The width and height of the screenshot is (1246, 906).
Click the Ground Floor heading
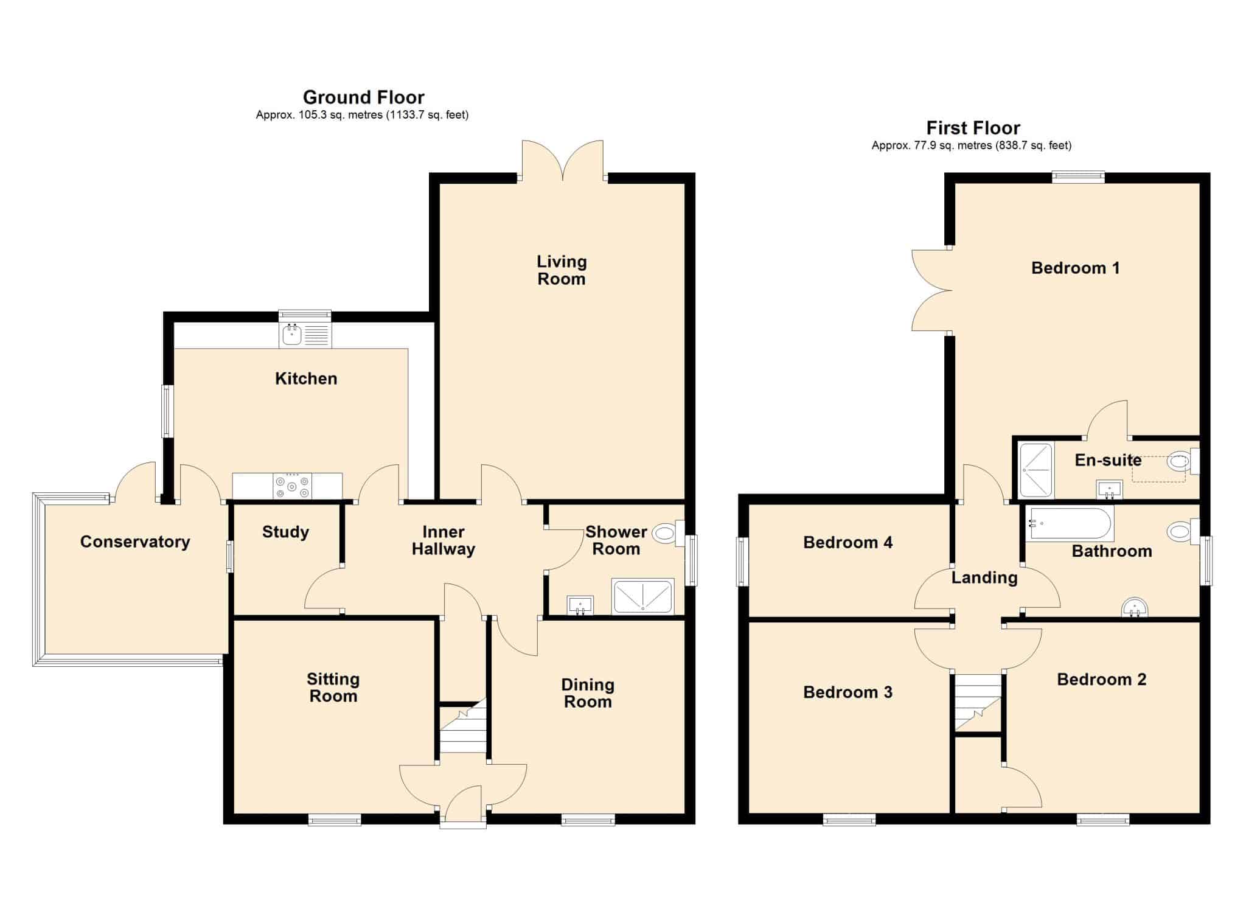tap(364, 97)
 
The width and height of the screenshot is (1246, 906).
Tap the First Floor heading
tap(973, 128)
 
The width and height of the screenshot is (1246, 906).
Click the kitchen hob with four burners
tap(293, 486)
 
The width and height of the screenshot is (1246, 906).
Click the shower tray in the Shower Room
tap(643, 596)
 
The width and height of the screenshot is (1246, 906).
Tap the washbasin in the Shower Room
tap(580, 605)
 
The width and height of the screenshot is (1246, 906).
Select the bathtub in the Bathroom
tap(1070, 524)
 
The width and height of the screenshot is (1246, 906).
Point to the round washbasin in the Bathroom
tap(1134, 607)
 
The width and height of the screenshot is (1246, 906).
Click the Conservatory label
tap(135, 542)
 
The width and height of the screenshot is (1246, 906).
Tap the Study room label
tap(285, 532)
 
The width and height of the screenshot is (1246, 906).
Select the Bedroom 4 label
tap(847, 542)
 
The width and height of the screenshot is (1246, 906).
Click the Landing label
tap(984, 577)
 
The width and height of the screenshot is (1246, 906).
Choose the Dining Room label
tap(588, 693)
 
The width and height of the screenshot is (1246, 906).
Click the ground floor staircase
tap(463, 728)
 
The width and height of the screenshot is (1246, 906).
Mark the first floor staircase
tap(978, 703)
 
